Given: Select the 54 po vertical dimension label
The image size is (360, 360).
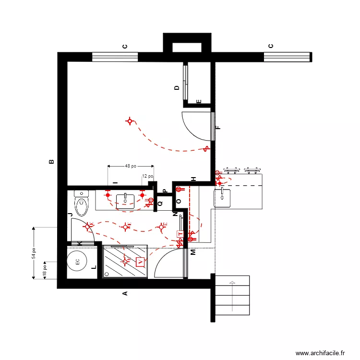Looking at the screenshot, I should (x=34, y=253).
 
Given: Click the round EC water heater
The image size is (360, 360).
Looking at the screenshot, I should (x=77, y=262).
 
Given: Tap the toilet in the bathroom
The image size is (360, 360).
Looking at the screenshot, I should (x=82, y=204).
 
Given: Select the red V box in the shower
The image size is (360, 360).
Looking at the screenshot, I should (x=140, y=262).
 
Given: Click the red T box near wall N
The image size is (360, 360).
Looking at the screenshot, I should (x=180, y=234).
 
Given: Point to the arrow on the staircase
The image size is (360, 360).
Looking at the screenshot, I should (x=232, y=295).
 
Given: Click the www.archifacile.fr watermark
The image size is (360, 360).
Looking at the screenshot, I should (x=320, y=353).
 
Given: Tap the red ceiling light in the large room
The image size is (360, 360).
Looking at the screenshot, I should (x=130, y=121).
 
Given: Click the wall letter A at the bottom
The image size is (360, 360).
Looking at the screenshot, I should (x=125, y=294).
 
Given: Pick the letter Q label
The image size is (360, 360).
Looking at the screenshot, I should (x=160, y=203).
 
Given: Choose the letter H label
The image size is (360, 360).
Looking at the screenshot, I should (x=193, y=179).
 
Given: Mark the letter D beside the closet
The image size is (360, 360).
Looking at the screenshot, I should (x=177, y=88).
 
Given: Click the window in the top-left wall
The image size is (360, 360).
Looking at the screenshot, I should (x=115, y=57).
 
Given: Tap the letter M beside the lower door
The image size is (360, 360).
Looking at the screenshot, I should (x=193, y=252).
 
